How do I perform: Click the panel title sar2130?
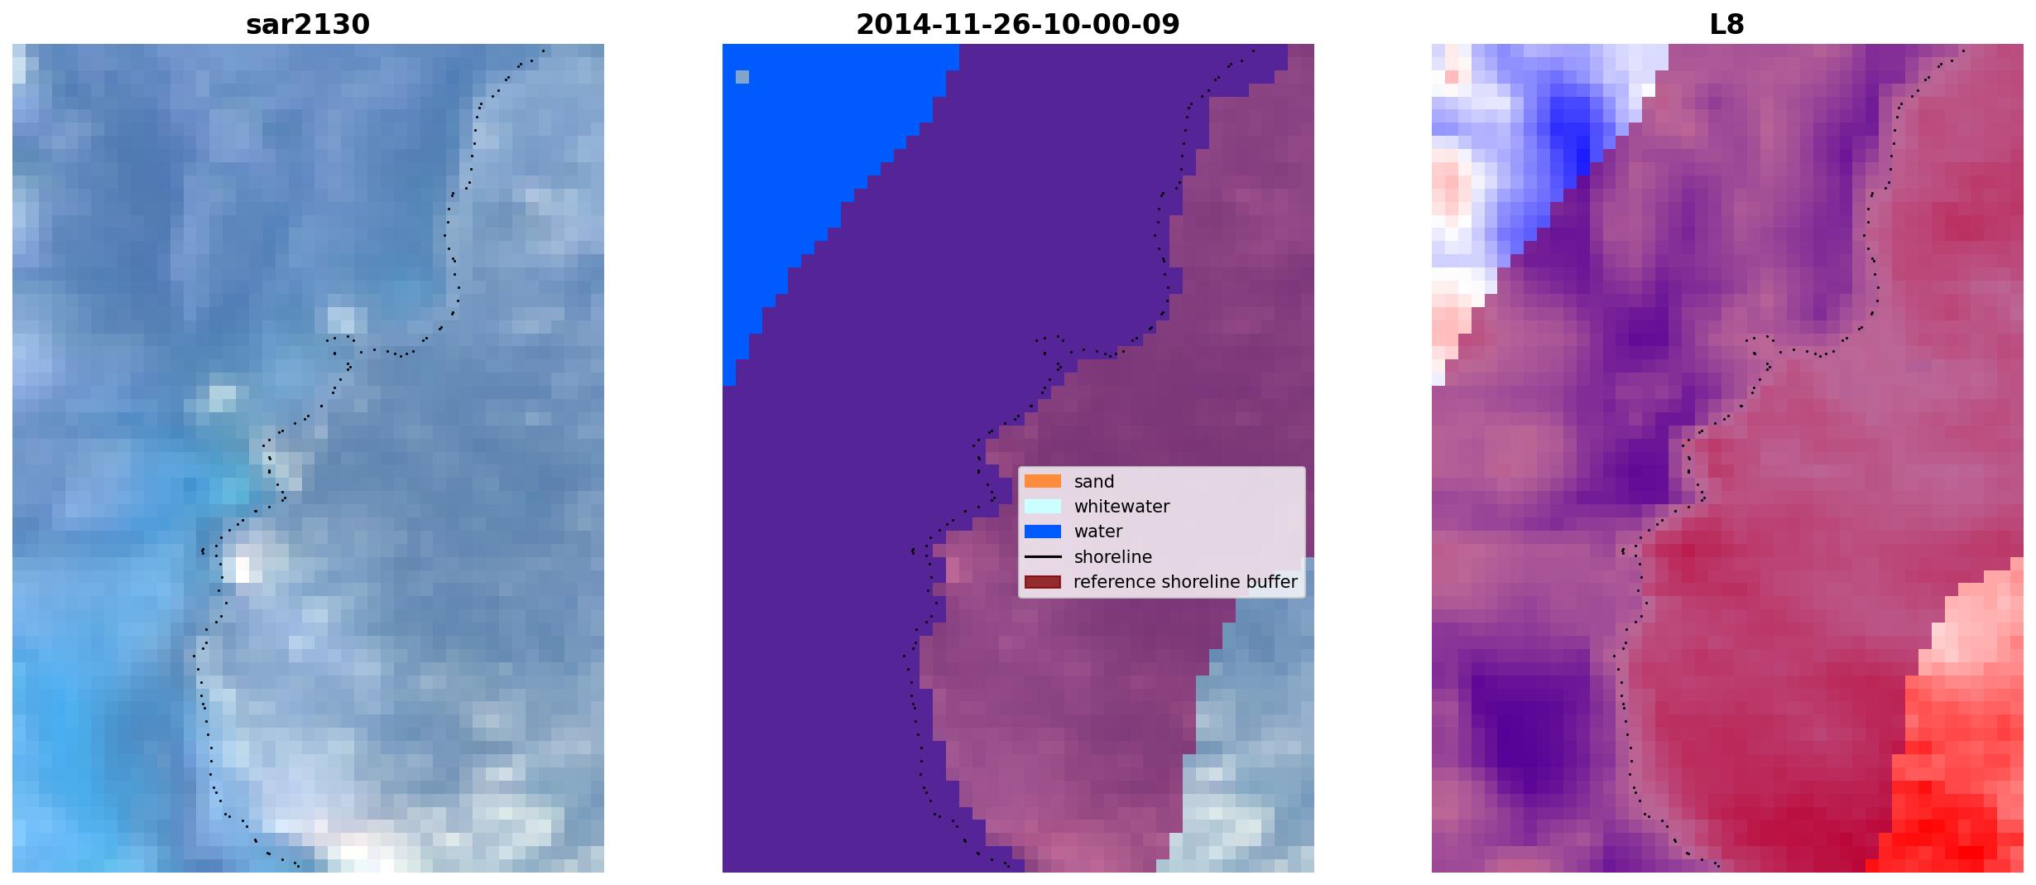[308, 24]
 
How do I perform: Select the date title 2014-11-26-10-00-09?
[1017, 24]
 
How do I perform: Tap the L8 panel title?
[1726, 24]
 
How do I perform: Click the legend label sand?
[1093, 482]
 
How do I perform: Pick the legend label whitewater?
[1121, 507]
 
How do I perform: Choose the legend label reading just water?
[1097, 531]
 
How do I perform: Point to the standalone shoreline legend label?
[1112, 557]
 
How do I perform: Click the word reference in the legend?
[1112, 582]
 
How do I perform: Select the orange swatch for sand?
[1043, 481]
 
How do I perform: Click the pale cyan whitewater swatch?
[1043, 506]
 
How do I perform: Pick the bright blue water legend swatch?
[1043, 531]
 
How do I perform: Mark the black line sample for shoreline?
[1043, 556]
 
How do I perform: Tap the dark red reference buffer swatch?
[1043, 582]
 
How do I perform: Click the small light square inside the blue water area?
[742, 77]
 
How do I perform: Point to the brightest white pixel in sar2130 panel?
[242, 570]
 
